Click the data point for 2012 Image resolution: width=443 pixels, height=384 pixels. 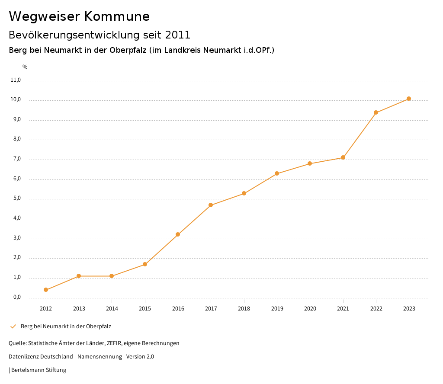(46, 290)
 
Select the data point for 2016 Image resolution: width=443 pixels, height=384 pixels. (178, 234)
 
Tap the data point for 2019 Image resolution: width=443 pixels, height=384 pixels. (277, 173)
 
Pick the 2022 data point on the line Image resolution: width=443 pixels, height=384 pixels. (376, 112)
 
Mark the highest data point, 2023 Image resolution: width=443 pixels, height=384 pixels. (409, 99)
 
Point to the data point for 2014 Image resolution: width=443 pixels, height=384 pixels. (112, 276)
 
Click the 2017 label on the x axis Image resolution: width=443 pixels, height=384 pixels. (211, 308)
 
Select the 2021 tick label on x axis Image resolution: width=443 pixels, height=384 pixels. (343, 308)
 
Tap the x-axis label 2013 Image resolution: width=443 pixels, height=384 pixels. (79, 308)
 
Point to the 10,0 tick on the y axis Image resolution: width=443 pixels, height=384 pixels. (16, 100)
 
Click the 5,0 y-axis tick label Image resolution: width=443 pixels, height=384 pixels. (17, 199)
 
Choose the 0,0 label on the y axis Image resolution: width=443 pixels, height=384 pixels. (17, 298)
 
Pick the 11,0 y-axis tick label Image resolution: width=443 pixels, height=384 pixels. (16, 80)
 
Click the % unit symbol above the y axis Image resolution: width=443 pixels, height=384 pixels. (25, 67)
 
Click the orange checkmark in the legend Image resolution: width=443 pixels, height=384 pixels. (13, 326)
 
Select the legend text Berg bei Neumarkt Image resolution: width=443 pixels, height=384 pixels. (66, 326)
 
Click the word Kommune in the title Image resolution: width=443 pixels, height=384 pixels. (117, 16)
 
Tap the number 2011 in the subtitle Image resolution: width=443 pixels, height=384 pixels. (177, 35)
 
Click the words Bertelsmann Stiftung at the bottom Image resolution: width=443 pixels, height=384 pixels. (39, 370)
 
